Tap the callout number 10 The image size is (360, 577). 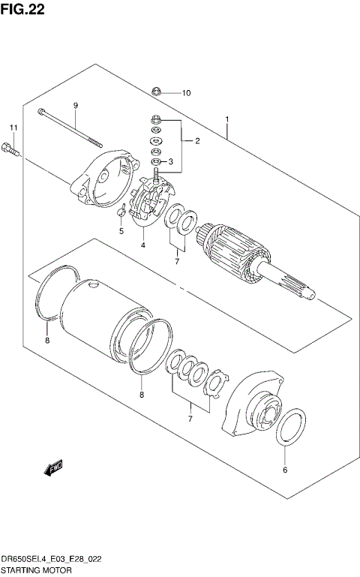(186, 93)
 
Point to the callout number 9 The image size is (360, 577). (75, 105)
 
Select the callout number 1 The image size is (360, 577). (227, 119)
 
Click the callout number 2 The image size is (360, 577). (196, 140)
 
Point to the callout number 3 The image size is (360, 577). (170, 161)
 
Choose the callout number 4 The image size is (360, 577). (142, 245)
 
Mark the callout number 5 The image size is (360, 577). (120, 231)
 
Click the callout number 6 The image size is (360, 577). (284, 470)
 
